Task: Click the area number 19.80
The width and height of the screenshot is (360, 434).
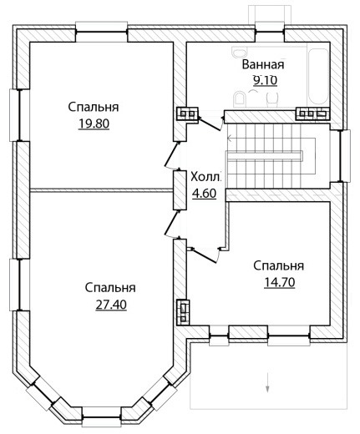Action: tap(94, 124)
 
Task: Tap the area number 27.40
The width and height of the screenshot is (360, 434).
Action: tap(111, 305)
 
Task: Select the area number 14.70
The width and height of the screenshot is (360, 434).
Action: tap(279, 282)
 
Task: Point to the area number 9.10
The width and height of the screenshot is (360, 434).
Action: tap(265, 80)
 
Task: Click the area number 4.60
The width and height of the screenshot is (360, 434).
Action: tap(205, 194)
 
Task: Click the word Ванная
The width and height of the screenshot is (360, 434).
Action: tap(263, 64)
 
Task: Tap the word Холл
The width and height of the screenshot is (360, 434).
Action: tap(205, 177)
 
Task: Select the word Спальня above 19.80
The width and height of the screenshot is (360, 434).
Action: tap(94, 107)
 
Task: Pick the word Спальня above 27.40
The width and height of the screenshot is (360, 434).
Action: tap(110, 288)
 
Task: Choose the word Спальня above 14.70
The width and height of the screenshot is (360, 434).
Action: tap(279, 265)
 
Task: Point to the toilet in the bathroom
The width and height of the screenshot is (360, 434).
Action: tap(240, 98)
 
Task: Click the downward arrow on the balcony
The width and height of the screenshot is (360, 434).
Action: tap(267, 381)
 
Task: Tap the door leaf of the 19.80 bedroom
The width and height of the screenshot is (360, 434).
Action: tap(171, 154)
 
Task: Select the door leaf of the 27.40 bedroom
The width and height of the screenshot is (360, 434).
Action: tap(171, 223)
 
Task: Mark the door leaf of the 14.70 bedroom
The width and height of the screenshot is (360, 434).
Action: tap(205, 255)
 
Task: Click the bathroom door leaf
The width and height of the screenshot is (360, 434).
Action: tap(210, 124)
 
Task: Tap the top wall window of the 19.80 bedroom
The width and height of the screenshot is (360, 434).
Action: tap(102, 29)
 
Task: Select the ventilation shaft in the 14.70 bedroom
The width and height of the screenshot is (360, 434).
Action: tap(183, 312)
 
